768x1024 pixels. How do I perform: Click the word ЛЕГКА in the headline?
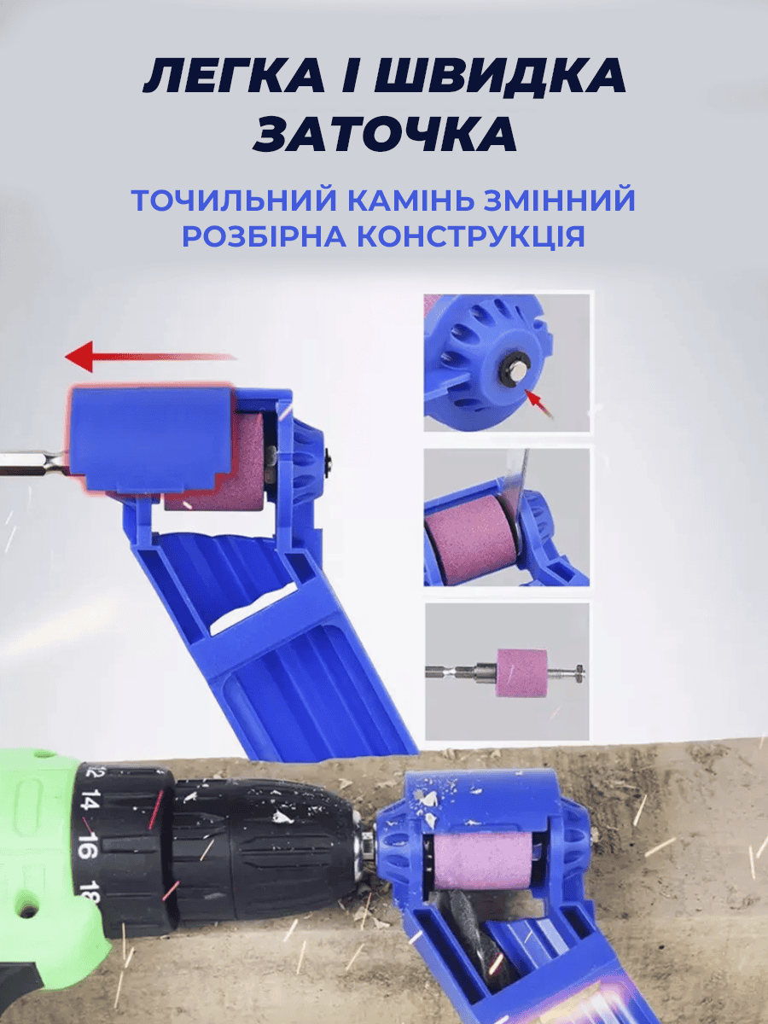[234, 75]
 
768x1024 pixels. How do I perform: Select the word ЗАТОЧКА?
[385, 134]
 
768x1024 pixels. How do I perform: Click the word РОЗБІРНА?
[265, 236]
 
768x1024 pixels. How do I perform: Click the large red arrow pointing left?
[150, 357]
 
